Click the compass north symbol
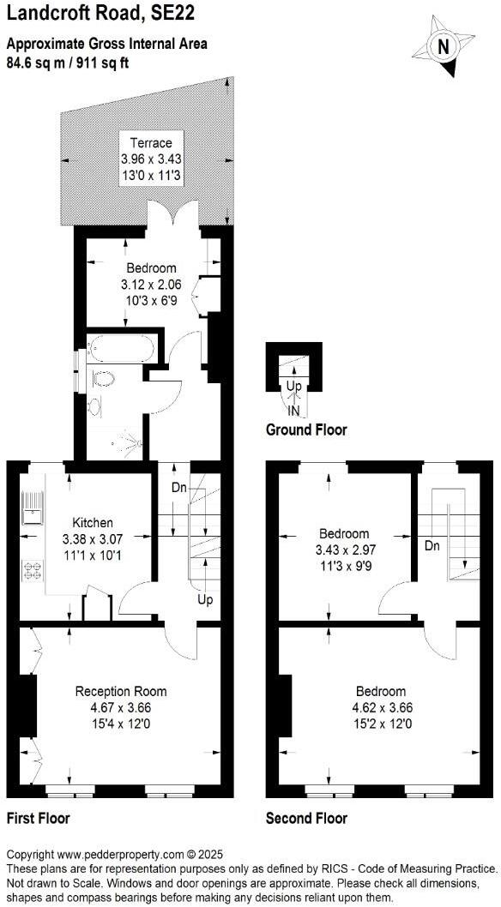(444, 46)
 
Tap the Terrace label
(151, 143)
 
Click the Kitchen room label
(92, 523)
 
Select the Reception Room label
(121, 692)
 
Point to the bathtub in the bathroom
(121, 350)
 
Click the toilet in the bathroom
(103, 381)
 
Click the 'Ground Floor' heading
(306, 429)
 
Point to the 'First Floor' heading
(38, 818)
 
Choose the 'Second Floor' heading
(306, 818)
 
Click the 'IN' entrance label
(293, 411)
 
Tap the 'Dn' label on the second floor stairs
(432, 545)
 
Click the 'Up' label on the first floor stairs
(205, 599)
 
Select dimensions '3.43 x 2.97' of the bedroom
(343, 548)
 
